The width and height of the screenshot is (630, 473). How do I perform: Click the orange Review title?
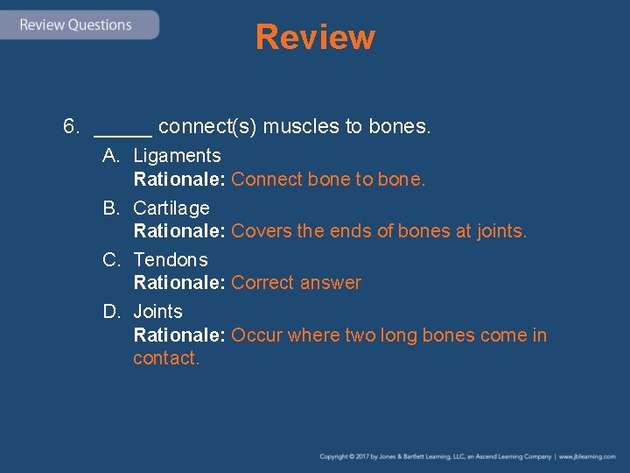point(315,38)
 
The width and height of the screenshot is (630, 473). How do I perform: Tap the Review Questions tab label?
point(76,25)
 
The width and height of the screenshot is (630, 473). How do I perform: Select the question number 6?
point(72,127)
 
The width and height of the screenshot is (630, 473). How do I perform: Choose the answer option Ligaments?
point(177,156)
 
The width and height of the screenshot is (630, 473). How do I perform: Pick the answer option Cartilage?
point(171,208)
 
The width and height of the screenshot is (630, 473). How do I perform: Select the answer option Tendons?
point(171,260)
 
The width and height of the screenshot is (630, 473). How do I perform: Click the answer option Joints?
point(157,312)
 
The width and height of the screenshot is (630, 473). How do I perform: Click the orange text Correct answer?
point(296,283)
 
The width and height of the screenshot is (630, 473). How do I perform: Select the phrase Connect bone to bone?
point(328,180)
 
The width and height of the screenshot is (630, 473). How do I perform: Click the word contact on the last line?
point(164,358)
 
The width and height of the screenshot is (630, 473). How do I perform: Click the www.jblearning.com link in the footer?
point(587,456)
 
